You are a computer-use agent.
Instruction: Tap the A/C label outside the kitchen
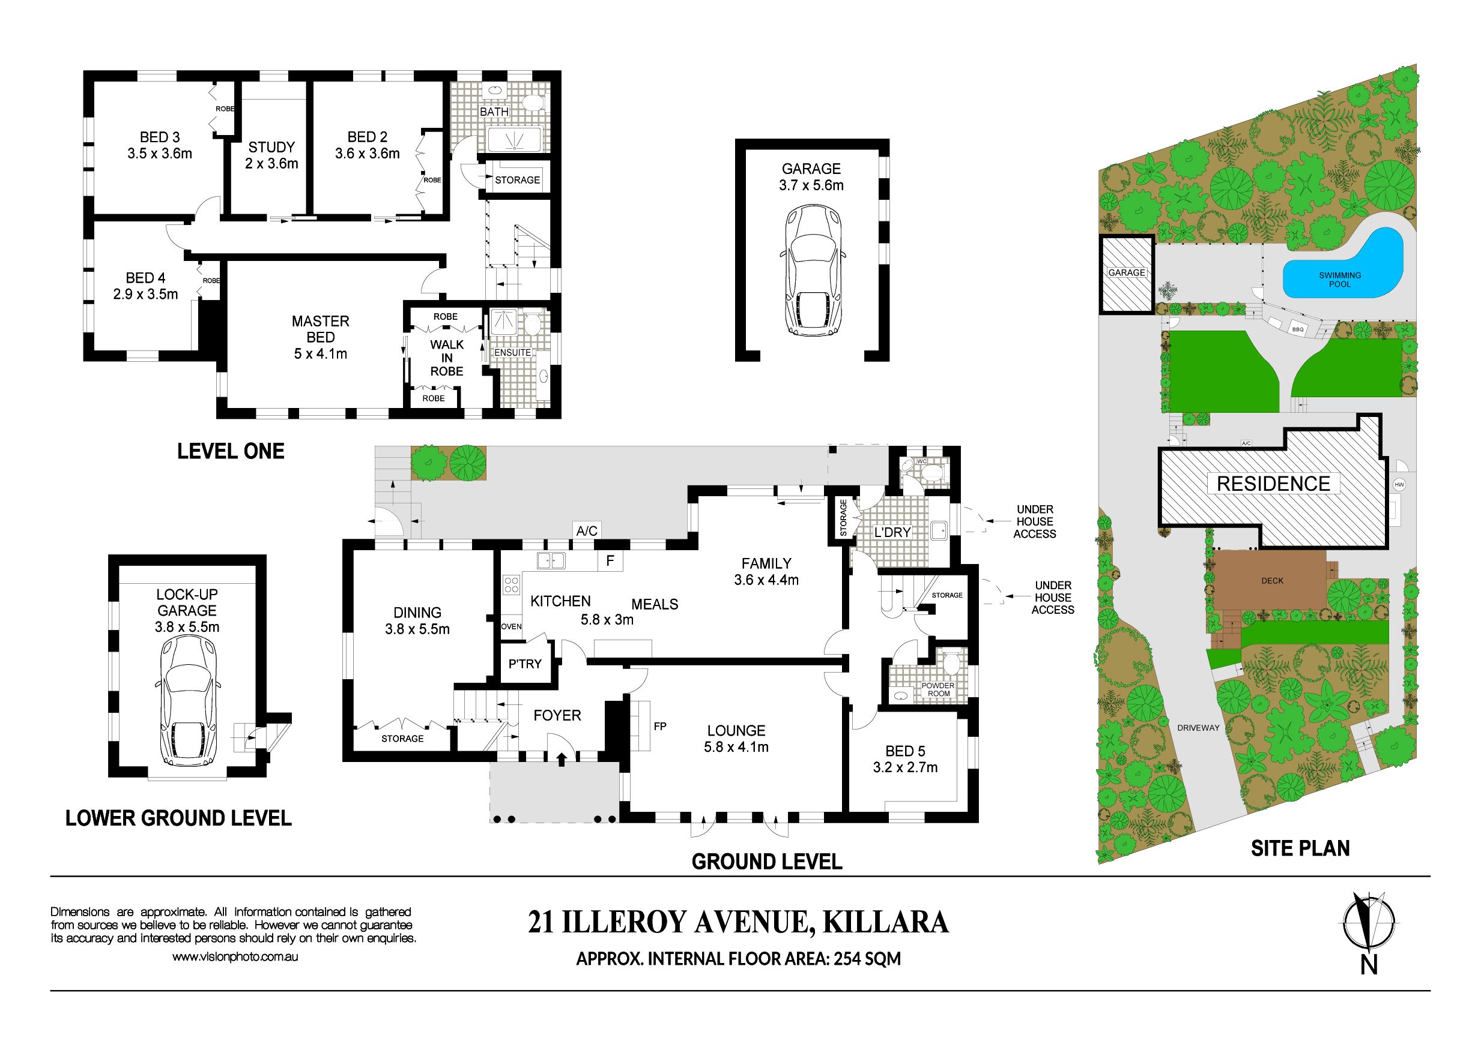[x=586, y=530]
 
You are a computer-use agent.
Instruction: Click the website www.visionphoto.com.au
[x=235, y=956]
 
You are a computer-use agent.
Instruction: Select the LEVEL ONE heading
[x=231, y=451]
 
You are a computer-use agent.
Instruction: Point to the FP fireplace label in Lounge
[x=660, y=726]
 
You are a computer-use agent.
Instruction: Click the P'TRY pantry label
[x=525, y=663]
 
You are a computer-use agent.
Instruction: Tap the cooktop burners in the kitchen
[x=512, y=584]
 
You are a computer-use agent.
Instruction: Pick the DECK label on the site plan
[x=1272, y=581]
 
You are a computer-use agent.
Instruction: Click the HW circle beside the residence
[x=1399, y=485]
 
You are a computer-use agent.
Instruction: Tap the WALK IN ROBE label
[x=447, y=358]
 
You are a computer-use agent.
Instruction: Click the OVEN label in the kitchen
[x=512, y=626]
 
